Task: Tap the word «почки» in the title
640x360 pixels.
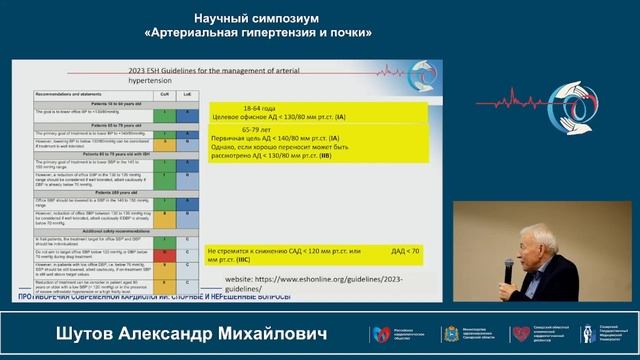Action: tap(346, 32)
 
